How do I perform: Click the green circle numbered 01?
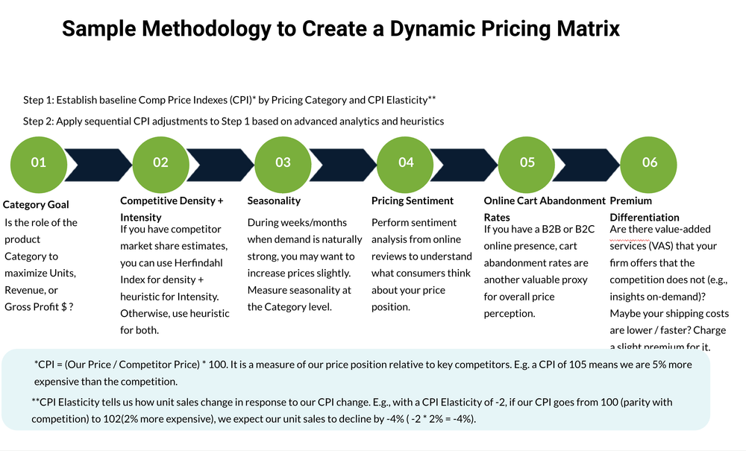(38, 162)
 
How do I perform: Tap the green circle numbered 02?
(160, 162)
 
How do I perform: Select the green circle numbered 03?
(283, 162)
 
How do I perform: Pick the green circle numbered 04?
(405, 162)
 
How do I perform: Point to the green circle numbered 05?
(527, 162)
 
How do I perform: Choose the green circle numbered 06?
(650, 162)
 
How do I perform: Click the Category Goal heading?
(37, 204)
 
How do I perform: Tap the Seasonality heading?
(274, 201)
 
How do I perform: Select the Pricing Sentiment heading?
(412, 201)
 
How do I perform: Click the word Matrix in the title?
(585, 29)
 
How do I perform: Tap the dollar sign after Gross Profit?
(63, 307)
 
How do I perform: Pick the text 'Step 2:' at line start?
(38, 121)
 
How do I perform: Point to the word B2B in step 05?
(547, 229)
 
